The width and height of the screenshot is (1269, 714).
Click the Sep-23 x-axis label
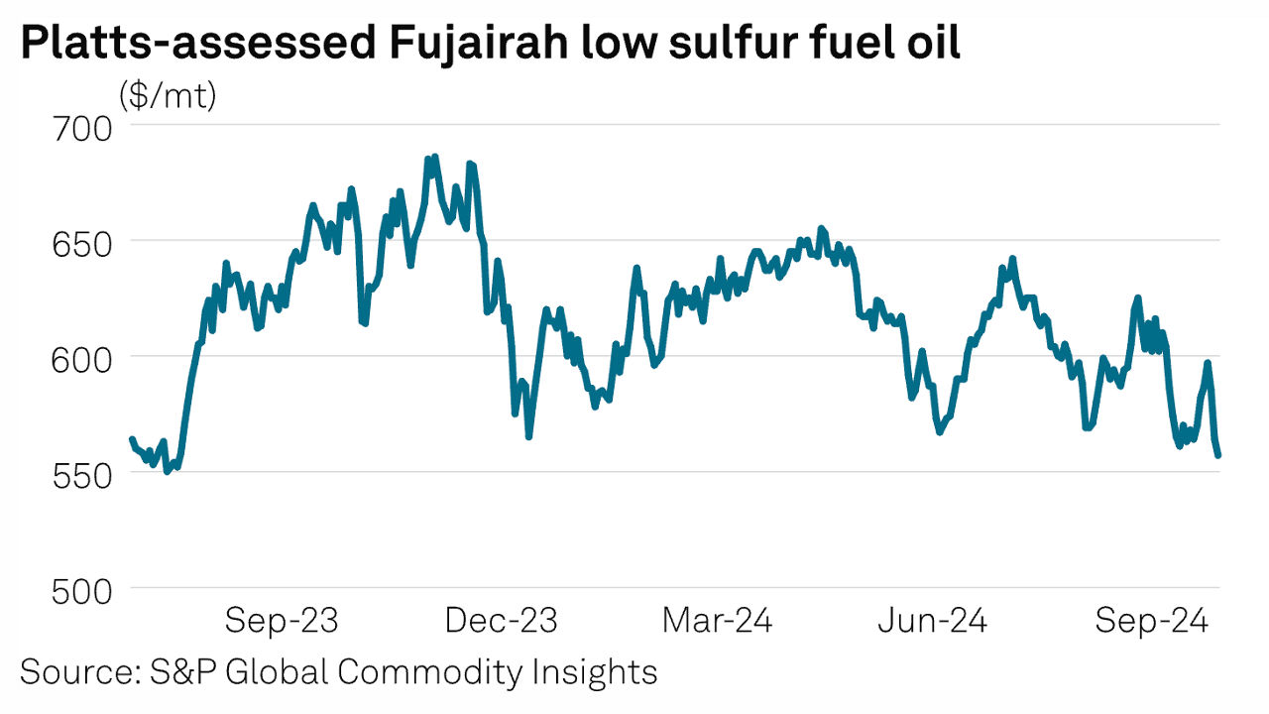pos(282,622)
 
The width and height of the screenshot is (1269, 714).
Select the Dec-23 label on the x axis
pos(502,622)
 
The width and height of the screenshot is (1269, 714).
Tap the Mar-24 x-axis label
pos(717,622)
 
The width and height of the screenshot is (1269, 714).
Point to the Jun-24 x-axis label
pos(932,622)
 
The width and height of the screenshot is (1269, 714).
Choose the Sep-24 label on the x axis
pos(1151,622)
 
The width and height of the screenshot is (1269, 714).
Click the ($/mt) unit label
pos(168,96)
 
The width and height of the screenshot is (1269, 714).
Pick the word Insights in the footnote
pos(599,671)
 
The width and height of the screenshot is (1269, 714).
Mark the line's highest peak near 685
pos(433,157)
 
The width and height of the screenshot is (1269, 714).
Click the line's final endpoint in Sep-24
pos(1218,455)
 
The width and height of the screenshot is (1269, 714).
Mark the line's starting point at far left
pos(131,438)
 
